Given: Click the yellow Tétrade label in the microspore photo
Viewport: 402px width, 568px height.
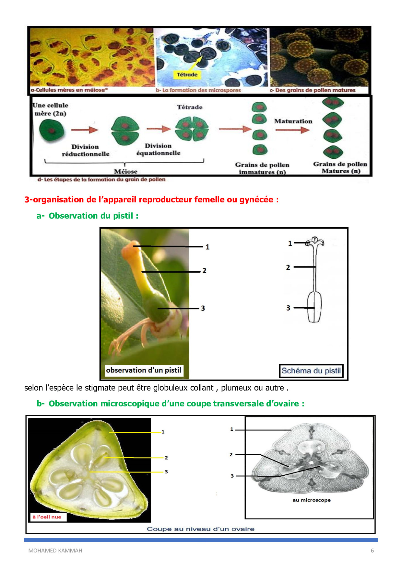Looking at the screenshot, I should [187, 75].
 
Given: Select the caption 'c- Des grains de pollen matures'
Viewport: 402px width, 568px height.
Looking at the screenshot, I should [313, 90].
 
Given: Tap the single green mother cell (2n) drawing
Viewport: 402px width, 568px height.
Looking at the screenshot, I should [51, 130].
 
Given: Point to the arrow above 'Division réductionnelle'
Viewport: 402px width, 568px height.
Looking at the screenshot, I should [84, 130].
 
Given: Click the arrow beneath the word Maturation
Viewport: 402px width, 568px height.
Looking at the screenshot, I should [292, 130].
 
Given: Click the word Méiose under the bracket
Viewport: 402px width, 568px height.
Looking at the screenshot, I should [125, 171].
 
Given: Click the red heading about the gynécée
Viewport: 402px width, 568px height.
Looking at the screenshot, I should [151, 199].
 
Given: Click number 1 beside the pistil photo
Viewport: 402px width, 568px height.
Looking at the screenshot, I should [207, 247].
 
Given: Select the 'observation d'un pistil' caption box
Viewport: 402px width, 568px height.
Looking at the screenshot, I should [144, 370].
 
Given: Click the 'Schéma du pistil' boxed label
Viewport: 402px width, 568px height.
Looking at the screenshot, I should [311, 371].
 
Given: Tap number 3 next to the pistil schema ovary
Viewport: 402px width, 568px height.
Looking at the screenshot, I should [288, 308].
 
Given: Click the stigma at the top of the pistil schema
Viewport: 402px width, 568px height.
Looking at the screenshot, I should [315, 241].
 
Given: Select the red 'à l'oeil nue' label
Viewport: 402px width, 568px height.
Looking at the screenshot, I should [47, 517].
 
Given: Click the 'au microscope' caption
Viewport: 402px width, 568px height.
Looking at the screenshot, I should [312, 500].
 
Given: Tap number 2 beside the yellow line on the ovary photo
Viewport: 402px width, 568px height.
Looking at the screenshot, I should [166, 458].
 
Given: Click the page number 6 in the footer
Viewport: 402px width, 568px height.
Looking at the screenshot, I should [372, 551].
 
